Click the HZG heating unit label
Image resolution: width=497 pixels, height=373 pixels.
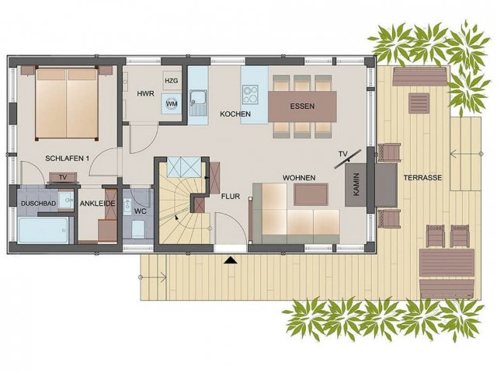172,81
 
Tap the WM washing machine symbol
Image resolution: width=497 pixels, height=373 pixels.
172,103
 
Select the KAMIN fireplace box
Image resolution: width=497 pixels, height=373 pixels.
356,185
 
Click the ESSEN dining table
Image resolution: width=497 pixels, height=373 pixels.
302,106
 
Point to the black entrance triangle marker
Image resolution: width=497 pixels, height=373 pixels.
230,260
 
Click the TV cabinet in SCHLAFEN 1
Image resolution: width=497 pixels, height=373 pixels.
63,178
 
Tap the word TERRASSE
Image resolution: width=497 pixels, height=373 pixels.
422,178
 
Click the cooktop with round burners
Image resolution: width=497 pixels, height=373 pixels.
250,94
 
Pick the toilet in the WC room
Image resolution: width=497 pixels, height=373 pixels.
138,228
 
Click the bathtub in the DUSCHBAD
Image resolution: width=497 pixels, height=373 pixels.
43,230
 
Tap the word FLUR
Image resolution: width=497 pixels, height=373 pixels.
231,197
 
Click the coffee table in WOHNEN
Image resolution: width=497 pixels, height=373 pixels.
311,194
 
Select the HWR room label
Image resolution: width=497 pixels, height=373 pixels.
145,93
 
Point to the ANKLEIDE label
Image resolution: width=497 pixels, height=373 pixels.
97,204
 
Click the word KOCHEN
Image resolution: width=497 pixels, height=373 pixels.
235,114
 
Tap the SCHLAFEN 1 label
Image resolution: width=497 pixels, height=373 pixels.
67,159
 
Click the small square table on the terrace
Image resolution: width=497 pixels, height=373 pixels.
419,103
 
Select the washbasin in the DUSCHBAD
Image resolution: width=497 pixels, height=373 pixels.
66,200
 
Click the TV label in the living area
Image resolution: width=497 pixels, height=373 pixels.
342,154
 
